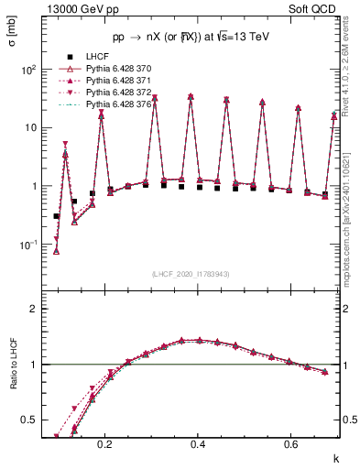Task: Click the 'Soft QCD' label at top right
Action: click(317, 8)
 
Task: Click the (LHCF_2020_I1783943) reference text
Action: click(191, 273)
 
